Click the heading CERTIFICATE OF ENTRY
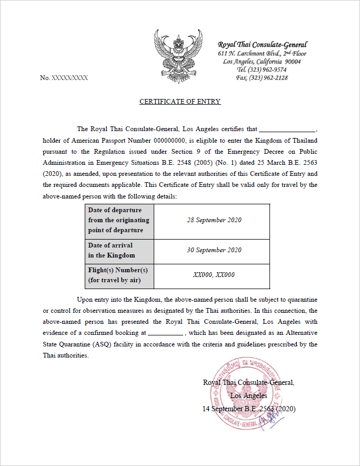pyautogui.click(x=180, y=102)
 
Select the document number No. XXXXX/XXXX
pyautogui.click(x=64, y=78)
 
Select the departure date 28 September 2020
pyautogui.click(x=214, y=220)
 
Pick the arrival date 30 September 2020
pyautogui.click(x=214, y=250)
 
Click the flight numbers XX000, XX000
pyautogui.click(x=214, y=275)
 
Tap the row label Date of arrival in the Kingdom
pyautogui.click(x=112, y=250)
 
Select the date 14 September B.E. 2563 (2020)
pyautogui.click(x=249, y=408)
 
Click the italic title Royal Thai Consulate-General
pyautogui.click(x=262, y=45)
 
